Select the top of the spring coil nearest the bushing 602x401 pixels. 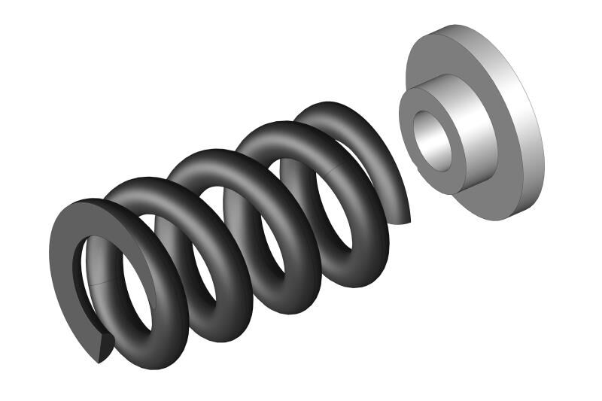tap(331, 113)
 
